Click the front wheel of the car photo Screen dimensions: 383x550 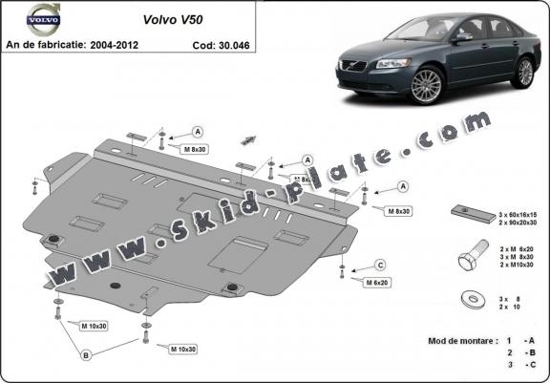click(427, 87)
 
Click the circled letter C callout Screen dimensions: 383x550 click(379, 265)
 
